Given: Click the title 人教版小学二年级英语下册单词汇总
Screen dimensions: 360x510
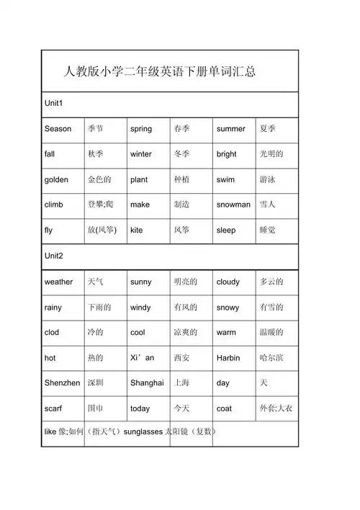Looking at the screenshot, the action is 161,72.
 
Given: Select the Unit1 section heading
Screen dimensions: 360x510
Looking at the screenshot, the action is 54,104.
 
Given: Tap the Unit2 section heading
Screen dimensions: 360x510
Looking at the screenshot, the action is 54,256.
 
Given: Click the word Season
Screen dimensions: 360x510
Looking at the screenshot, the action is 58,129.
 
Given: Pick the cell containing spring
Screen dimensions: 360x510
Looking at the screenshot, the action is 141,129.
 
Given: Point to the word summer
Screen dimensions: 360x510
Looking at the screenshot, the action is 230,129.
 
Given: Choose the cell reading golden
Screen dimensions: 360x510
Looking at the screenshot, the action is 56,179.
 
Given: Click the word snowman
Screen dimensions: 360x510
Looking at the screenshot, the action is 233,205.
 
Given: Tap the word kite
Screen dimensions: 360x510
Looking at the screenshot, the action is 137,231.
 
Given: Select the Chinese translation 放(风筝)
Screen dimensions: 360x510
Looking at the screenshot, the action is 102,231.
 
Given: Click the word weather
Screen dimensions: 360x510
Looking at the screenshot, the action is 58,282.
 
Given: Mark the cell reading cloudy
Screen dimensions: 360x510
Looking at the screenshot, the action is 228,282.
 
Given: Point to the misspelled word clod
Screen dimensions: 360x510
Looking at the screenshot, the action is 52,333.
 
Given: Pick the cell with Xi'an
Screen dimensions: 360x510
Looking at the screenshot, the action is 142,358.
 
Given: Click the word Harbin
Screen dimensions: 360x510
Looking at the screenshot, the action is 228,358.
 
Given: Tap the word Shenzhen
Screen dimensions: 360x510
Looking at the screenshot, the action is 62,383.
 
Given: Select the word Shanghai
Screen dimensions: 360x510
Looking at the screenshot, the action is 147,383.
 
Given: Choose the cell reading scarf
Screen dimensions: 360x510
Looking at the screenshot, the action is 53,408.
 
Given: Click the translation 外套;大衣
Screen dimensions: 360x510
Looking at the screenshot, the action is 276,408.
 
